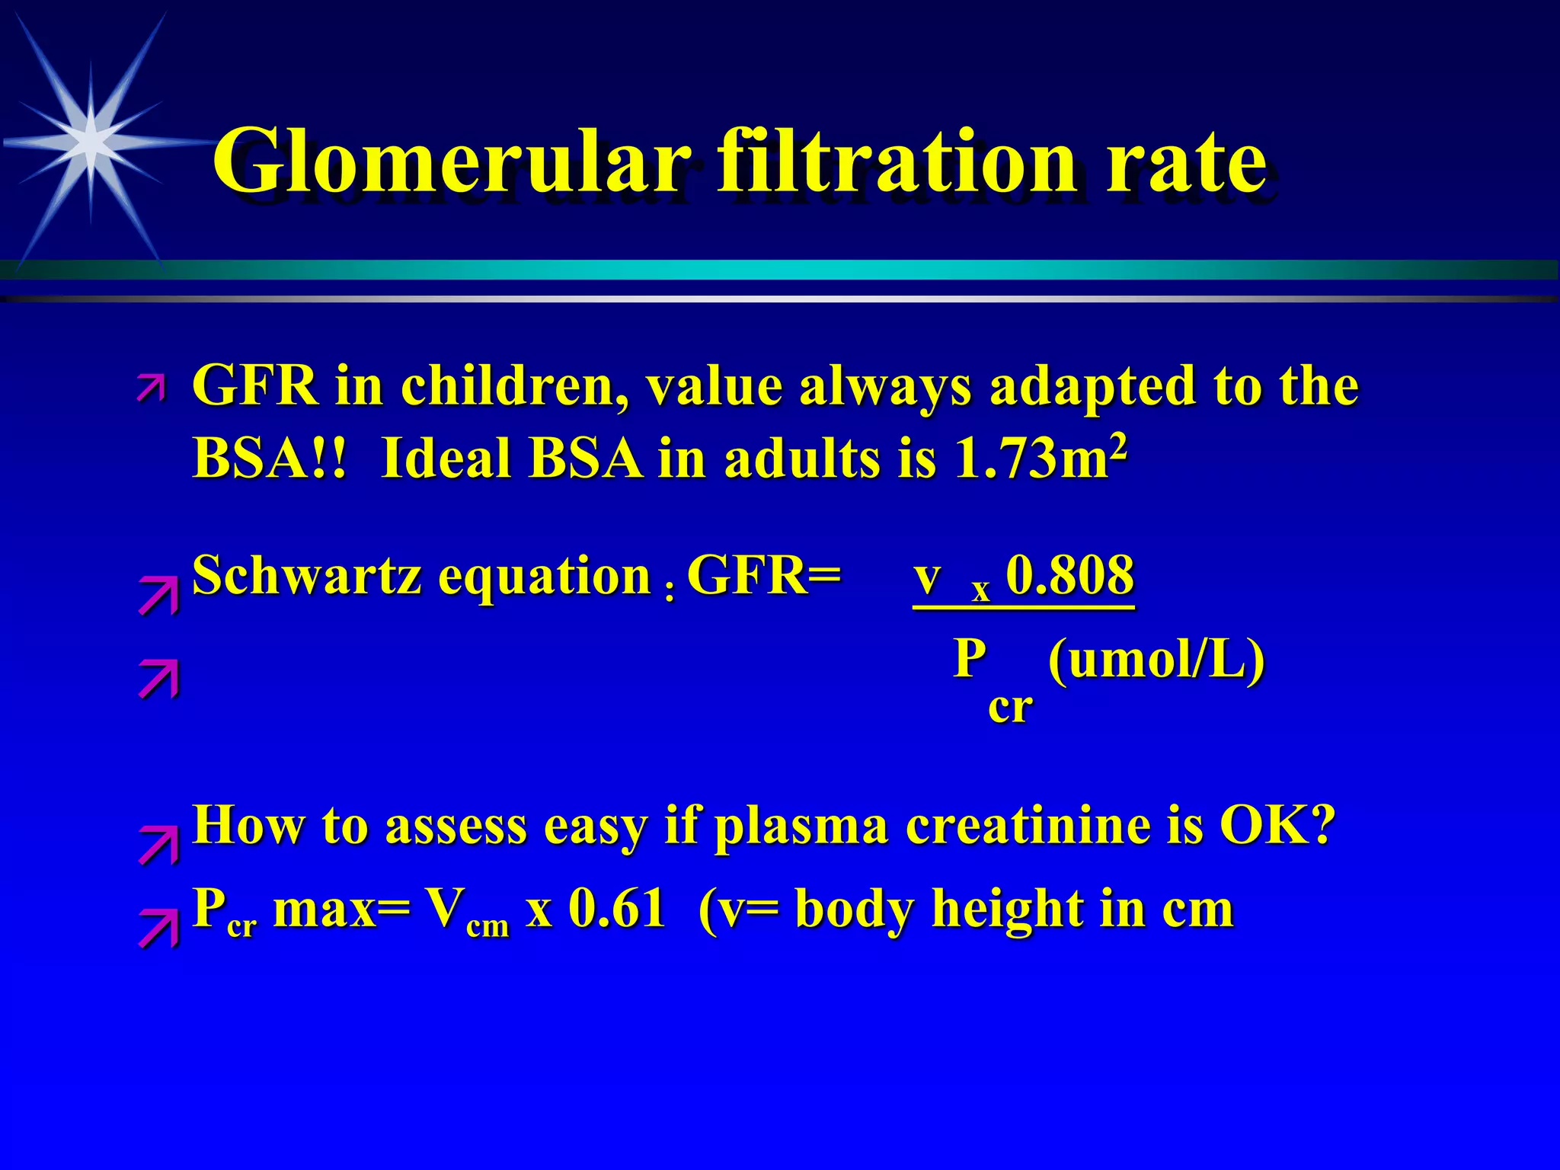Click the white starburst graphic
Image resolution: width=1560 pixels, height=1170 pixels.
[x=90, y=142]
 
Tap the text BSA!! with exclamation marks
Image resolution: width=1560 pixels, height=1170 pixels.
[x=270, y=459]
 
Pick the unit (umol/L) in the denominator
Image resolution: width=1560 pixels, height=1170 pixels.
[x=1156, y=659]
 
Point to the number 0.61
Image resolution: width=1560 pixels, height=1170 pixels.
[x=617, y=909]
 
